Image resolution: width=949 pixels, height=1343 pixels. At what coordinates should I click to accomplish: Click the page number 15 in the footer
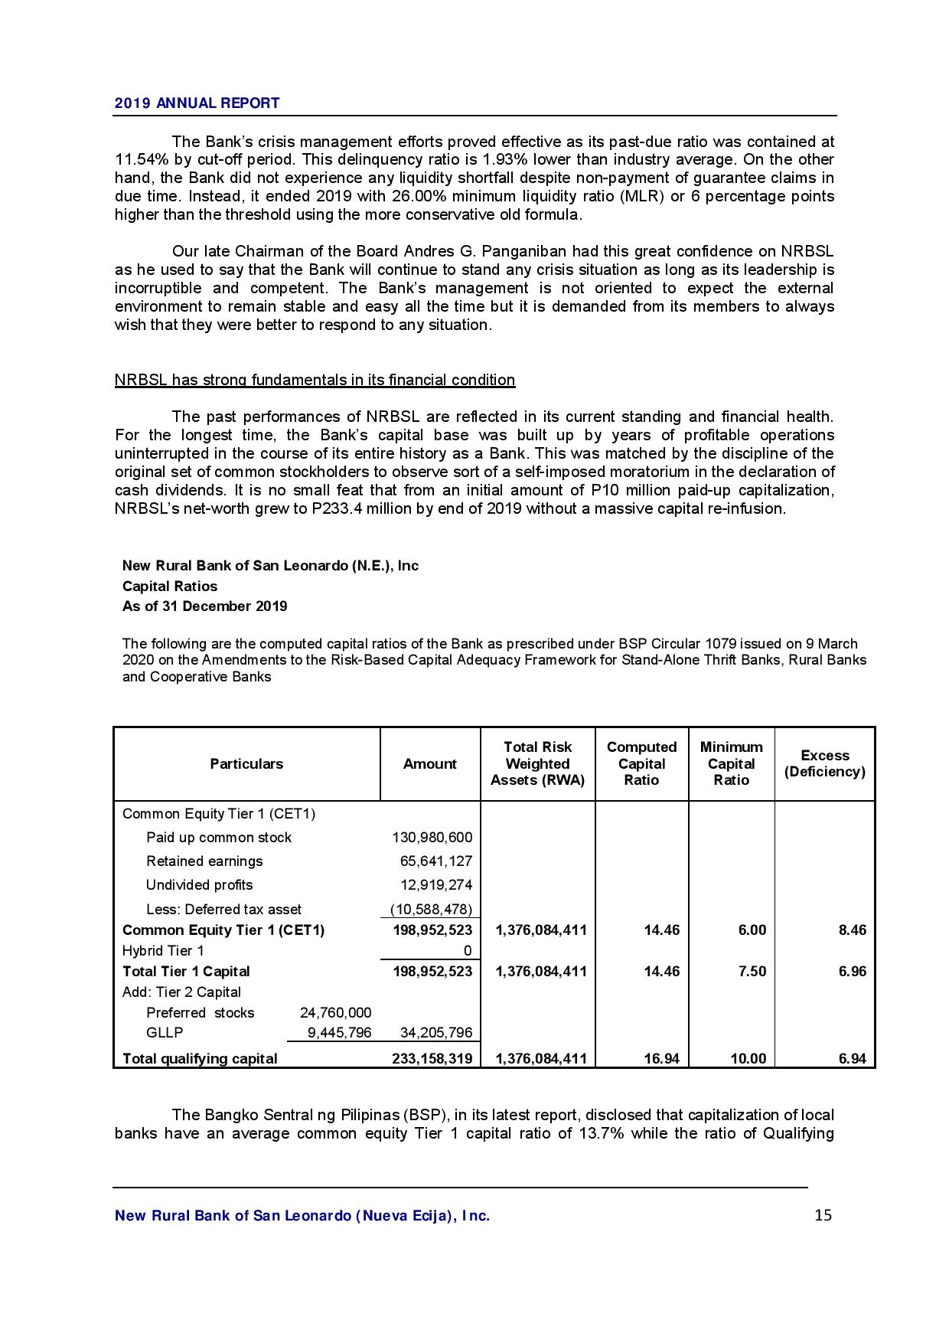[823, 1215]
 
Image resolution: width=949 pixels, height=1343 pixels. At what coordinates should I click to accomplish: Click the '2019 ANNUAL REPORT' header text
[197, 103]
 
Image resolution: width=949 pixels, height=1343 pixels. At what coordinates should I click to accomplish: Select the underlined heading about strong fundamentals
[315, 380]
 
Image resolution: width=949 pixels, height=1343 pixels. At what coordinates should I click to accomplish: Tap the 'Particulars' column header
[246, 763]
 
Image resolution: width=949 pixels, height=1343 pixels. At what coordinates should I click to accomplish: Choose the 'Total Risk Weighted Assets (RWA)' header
[537, 763]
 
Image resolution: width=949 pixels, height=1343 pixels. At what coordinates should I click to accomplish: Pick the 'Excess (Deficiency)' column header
[824, 763]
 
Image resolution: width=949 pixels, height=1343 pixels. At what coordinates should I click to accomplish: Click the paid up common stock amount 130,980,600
[432, 838]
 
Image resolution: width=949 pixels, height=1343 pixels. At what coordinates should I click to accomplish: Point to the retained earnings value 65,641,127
[436, 861]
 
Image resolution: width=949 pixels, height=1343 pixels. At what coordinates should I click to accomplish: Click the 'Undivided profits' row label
[200, 885]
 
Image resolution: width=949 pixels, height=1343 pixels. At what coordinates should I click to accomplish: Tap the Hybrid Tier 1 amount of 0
[468, 951]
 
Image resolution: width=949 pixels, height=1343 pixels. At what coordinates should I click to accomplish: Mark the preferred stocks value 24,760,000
[335, 1013]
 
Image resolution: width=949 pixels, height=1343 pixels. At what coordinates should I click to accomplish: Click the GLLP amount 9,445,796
[339, 1033]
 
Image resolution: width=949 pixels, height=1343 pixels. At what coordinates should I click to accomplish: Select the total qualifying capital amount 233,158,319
[432, 1059]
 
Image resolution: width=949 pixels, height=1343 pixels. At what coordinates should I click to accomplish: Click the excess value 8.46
[852, 930]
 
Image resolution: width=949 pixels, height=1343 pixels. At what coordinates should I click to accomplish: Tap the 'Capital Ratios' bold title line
[170, 587]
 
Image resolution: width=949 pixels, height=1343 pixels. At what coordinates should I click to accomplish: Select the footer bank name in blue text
[302, 1216]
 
